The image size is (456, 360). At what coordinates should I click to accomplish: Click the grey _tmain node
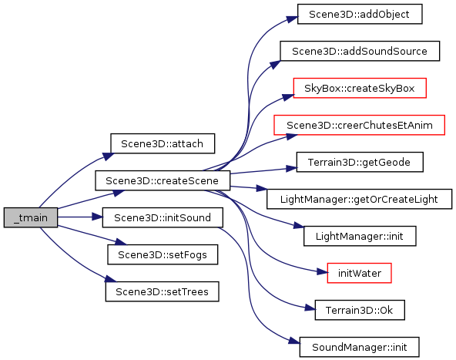click(x=31, y=217)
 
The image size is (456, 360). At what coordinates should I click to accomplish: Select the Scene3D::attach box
click(x=163, y=143)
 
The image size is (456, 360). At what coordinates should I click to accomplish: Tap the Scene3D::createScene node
click(x=163, y=180)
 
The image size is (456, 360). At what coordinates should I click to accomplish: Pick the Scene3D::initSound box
click(x=163, y=217)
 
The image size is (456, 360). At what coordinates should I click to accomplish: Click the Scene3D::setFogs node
click(x=163, y=254)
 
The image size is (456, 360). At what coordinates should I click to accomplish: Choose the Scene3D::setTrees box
click(x=162, y=291)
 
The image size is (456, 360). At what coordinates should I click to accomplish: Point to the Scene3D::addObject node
click(x=360, y=14)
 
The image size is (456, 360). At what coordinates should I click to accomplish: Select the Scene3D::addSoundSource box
click(x=360, y=51)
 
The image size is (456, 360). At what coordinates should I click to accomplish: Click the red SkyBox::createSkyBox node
click(x=360, y=88)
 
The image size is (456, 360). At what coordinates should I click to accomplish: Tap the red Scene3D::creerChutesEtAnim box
click(x=360, y=125)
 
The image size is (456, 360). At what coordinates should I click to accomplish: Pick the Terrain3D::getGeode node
click(x=360, y=162)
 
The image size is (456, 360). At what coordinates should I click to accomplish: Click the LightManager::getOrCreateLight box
click(x=360, y=199)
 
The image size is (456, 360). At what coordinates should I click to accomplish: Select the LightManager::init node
click(x=360, y=236)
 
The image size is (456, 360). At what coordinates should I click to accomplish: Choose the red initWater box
click(x=360, y=273)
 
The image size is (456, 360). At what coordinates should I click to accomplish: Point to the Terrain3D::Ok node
click(x=360, y=310)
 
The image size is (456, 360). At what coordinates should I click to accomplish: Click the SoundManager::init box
click(x=360, y=347)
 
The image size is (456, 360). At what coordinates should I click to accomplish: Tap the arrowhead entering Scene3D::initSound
click(x=97, y=217)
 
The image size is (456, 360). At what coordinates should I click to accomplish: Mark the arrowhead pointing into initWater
click(x=322, y=272)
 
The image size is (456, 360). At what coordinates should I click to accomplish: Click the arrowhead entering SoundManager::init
click(x=294, y=341)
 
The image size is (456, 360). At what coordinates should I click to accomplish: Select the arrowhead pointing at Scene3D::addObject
click(x=292, y=19)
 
